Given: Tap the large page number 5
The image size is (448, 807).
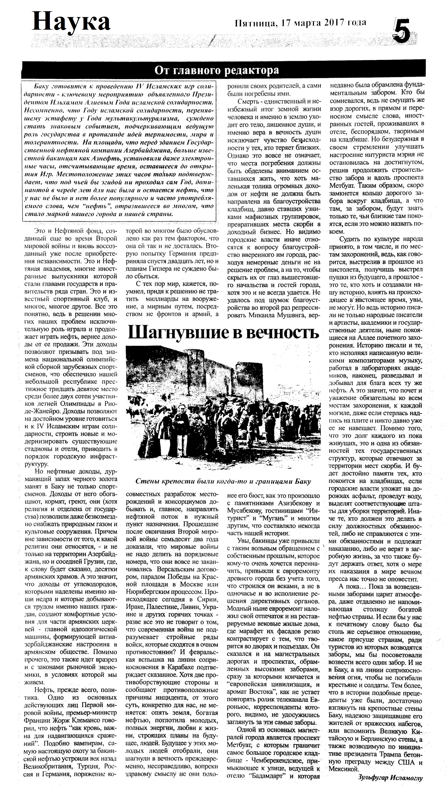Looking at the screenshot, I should (401, 32).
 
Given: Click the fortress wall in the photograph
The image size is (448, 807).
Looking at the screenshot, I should (220, 373).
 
